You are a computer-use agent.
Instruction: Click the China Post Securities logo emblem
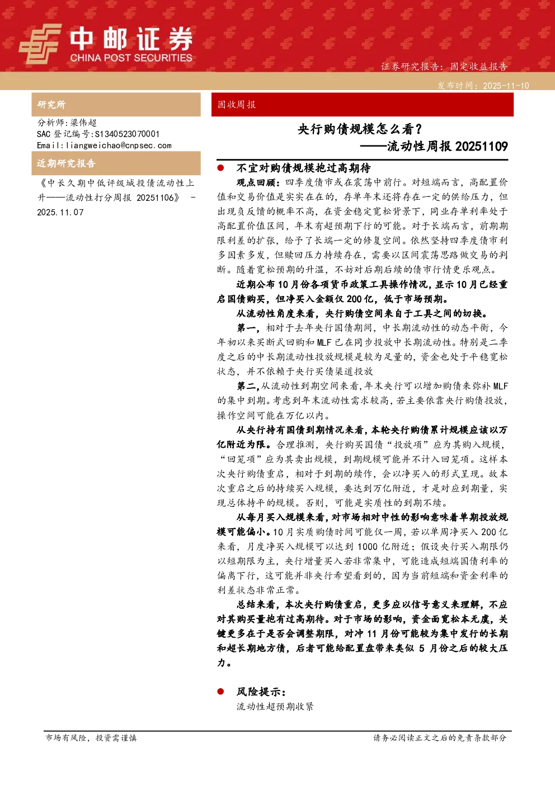pos(40,44)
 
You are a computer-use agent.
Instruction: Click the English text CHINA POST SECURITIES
pos(131,58)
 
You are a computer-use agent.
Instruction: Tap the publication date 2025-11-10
pos(506,86)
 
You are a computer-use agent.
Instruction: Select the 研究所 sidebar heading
pos(51,105)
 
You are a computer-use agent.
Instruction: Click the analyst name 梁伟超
pos(83,123)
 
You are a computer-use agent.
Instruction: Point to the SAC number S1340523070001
pos(127,134)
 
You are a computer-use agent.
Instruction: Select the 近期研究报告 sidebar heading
pos(66,163)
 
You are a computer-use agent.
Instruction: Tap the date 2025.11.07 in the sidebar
pos(60,213)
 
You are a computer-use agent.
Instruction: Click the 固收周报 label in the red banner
pos(237,105)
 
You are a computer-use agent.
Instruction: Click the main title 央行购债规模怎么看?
pos(360,129)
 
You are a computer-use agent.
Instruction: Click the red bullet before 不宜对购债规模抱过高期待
pos(220,168)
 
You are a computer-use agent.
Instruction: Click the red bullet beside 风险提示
pos(220,692)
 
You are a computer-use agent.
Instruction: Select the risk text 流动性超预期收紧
pos(275,707)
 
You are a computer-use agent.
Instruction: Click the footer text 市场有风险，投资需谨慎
pos(91,737)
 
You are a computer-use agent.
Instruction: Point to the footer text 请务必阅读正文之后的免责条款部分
pos(440,737)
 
